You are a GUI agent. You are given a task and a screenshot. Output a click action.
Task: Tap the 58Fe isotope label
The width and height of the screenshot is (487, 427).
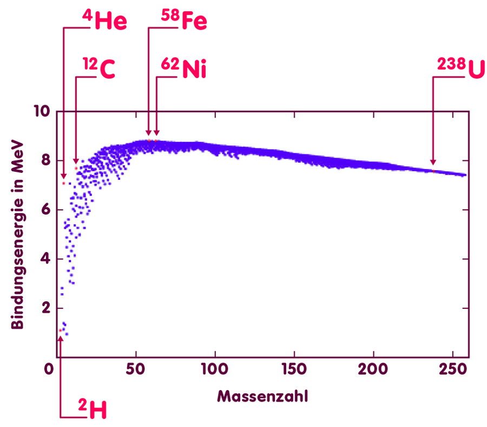click(184, 22)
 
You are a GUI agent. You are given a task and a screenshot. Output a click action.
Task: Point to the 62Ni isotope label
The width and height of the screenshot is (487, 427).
click(184, 69)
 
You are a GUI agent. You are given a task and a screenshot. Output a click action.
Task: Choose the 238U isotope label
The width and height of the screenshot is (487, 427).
click(460, 69)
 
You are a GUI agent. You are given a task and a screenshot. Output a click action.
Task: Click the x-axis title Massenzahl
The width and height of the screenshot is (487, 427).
click(263, 396)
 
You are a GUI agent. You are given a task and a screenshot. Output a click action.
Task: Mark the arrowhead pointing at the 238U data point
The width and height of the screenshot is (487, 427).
click(433, 162)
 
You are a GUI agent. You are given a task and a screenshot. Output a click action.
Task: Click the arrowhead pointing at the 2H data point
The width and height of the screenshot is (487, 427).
click(60, 339)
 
